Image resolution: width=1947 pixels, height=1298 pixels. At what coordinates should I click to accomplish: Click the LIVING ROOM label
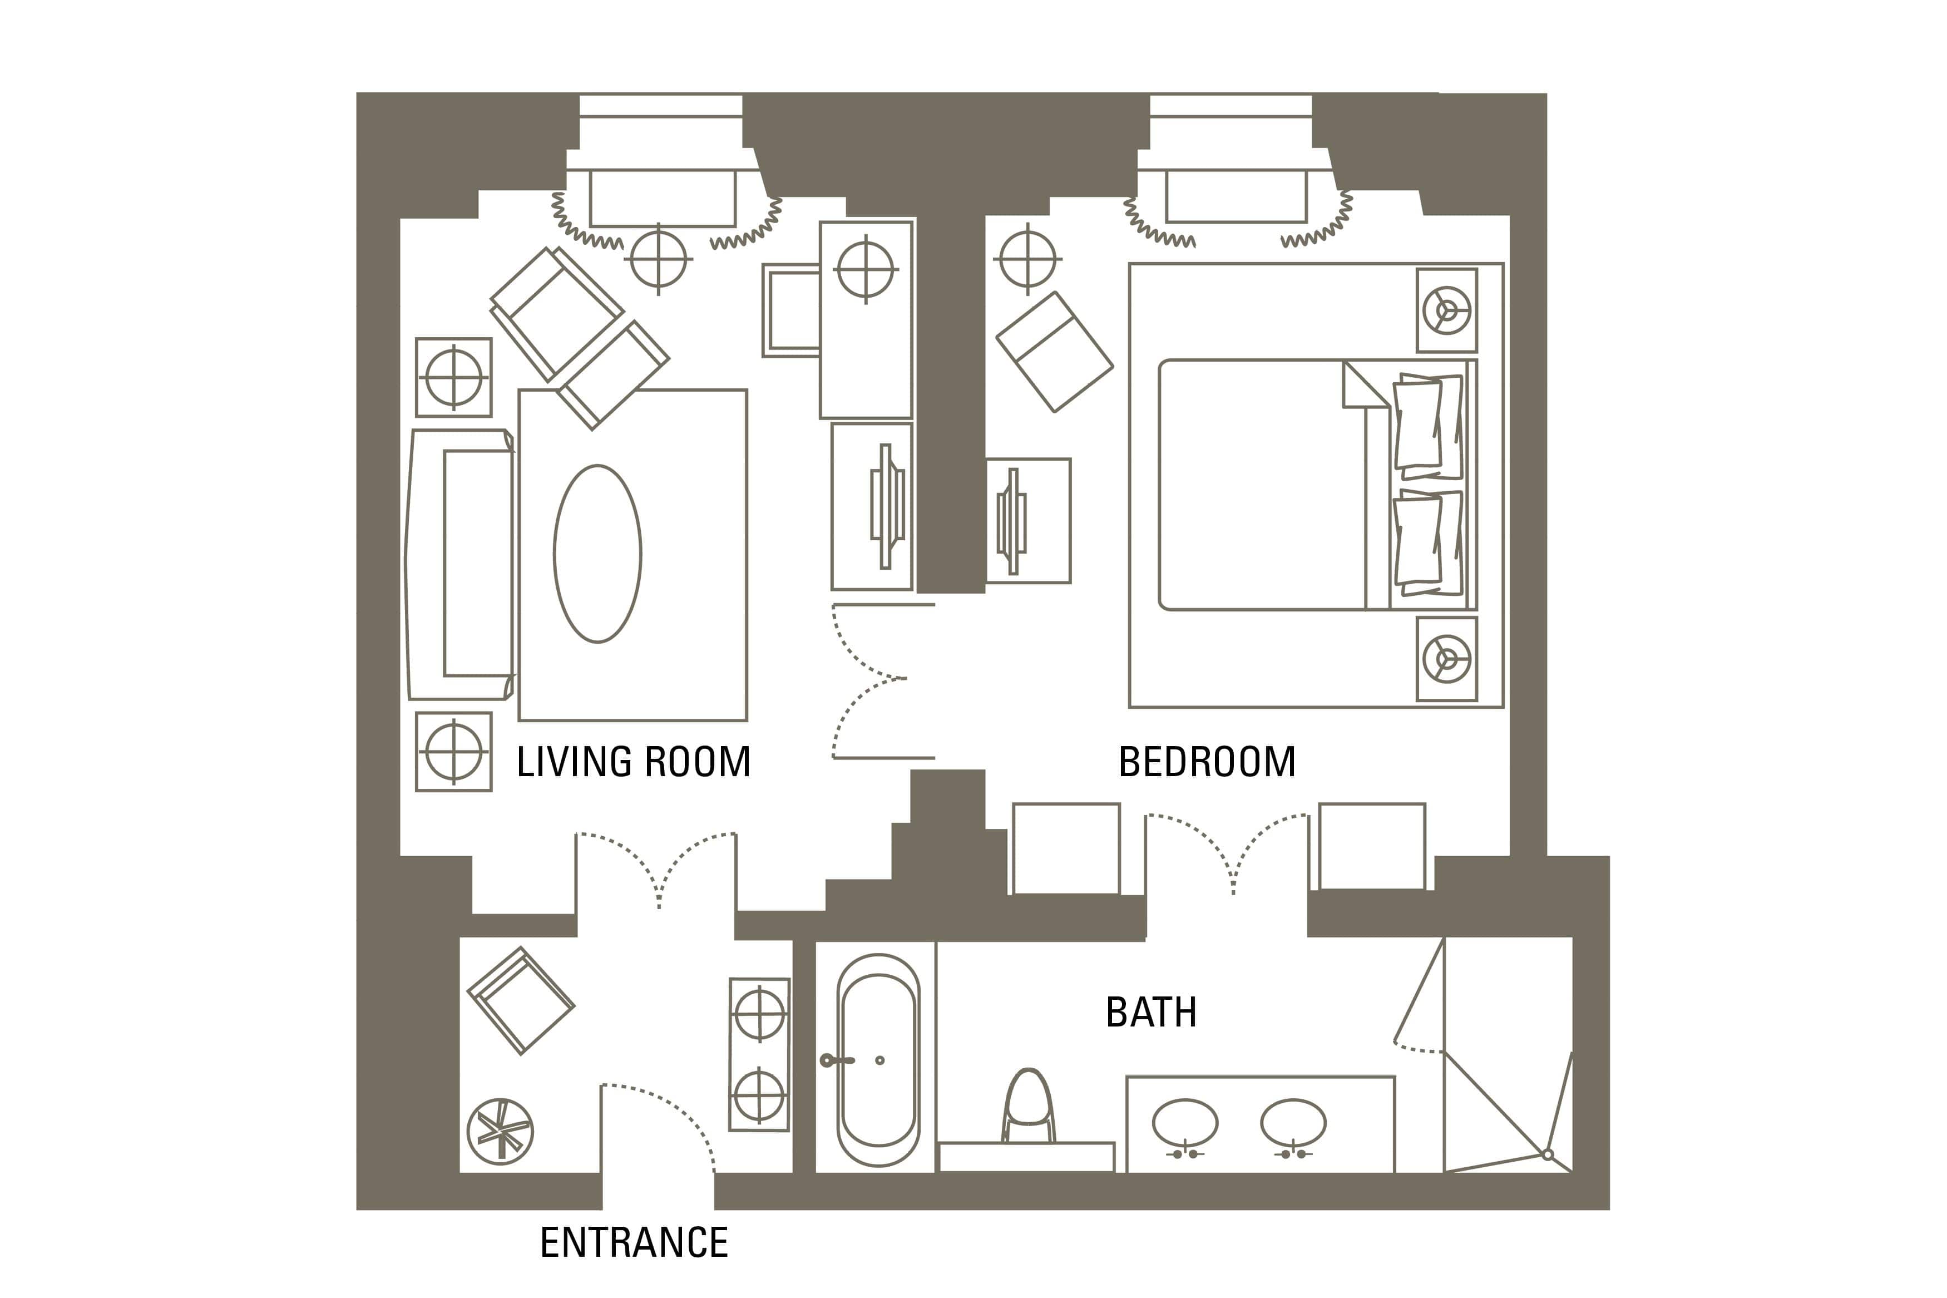tap(633, 762)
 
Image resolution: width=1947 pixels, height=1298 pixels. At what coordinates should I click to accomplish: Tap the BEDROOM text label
tap(1207, 762)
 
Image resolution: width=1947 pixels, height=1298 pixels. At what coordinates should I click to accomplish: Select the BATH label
tap(1151, 1011)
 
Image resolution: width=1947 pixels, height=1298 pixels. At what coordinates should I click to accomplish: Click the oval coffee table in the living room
tap(597, 553)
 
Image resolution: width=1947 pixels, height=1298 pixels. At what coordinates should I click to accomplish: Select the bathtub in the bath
tap(878, 1060)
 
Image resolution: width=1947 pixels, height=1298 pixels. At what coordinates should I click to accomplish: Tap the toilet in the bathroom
tap(1029, 1107)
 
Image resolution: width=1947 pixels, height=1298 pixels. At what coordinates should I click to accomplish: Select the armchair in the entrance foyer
tap(521, 1001)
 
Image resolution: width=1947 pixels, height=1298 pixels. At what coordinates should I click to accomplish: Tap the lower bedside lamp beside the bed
tap(1446, 659)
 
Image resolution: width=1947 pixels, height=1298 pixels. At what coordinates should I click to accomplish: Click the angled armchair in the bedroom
tap(1054, 351)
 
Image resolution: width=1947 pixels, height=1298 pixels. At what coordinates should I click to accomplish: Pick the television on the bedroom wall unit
tap(1011, 521)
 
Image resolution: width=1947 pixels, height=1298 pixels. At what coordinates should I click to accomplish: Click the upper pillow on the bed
tap(1428, 426)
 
